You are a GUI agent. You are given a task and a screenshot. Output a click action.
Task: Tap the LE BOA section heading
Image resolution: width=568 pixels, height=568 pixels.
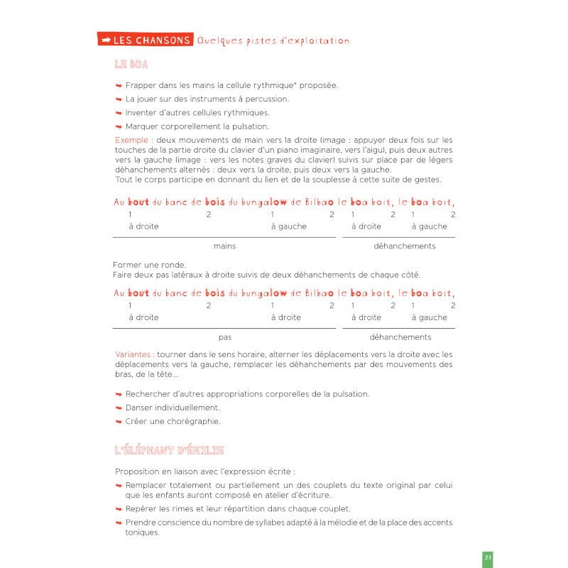pyautogui.click(x=131, y=65)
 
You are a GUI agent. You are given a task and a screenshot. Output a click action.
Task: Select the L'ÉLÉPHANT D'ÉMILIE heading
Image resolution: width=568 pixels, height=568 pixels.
pyautogui.click(x=170, y=450)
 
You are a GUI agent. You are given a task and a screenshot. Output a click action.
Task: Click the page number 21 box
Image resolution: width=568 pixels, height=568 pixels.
pyautogui.click(x=488, y=558)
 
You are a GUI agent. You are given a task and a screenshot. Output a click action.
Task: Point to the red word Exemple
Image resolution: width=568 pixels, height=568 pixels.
pyautogui.click(x=132, y=140)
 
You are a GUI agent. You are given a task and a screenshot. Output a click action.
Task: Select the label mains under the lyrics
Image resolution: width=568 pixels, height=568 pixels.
pyautogui.click(x=224, y=246)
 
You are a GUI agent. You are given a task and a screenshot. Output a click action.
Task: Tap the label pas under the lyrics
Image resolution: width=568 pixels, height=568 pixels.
pyautogui.click(x=224, y=337)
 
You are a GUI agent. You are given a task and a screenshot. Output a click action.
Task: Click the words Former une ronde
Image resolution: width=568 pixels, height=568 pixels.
pyautogui.click(x=144, y=266)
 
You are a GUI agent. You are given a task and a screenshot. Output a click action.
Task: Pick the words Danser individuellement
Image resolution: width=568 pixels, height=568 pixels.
pyautogui.click(x=173, y=408)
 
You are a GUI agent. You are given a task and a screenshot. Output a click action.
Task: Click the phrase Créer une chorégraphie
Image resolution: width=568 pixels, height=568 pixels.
pyautogui.click(x=173, y=421)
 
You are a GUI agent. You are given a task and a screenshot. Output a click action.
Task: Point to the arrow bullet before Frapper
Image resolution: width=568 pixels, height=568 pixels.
pyautogui.click(x=119, y=86)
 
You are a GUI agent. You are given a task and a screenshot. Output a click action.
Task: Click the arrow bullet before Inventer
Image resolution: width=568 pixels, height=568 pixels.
pyautogui.click(x=119, y=113)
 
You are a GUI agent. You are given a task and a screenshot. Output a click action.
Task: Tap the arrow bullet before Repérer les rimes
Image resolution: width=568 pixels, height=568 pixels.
pyautogui.click(x=119, y=509)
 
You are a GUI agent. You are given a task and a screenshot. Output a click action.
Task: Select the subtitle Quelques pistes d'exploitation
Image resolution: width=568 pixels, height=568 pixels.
pyautogui.click(x=273, y=40)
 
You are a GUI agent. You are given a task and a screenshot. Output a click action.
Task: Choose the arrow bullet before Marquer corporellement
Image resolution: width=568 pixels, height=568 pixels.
pyautogui.click(x=119, y=126)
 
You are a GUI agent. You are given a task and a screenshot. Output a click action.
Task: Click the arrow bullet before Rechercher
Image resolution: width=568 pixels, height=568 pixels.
pyautogui.click(x=119, y=394)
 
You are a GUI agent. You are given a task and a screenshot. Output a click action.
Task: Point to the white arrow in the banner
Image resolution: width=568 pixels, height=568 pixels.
pyautogui.click(x=106, y=40)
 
